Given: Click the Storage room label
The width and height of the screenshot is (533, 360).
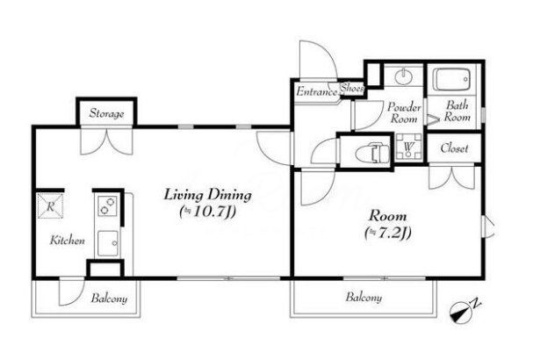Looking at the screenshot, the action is point(106,113).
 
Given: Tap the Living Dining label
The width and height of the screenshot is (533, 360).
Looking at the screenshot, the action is point(208,195).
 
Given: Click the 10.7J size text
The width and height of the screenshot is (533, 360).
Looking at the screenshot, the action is point(208,212).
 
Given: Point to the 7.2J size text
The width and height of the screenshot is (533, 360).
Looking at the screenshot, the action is point(388,234).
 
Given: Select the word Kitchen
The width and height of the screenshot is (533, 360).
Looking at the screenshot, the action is point(68,241).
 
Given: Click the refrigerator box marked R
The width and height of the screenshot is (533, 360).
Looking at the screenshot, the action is point(50,206).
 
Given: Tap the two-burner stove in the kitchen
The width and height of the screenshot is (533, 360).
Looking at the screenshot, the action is point(108,206).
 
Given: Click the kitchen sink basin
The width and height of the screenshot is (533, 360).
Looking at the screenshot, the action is point(108,243).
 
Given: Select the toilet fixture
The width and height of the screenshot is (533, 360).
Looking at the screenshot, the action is point(372,152).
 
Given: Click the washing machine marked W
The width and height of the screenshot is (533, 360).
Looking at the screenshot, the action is point(409,147).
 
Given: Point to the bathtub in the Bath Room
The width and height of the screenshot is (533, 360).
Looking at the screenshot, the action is point(451,80).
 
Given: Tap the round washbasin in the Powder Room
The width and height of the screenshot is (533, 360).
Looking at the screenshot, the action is point(404,76).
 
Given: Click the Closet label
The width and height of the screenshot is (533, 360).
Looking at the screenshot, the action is point(454,148).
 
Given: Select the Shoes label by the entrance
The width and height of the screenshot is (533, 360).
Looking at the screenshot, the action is point(352,88).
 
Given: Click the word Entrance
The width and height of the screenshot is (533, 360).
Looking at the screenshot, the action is point(317,91).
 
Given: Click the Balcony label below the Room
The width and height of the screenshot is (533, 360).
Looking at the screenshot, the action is point(364,298).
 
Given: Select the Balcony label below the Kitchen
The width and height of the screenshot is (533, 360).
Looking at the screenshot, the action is point(109,299).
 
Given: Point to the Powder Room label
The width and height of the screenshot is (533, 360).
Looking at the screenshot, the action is point(404,112).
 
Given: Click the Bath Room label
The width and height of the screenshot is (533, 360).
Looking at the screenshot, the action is point(457,111).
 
